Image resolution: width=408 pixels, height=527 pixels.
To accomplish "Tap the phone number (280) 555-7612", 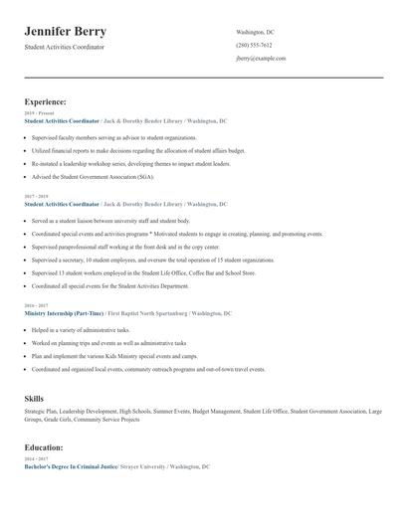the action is tap(254, 46).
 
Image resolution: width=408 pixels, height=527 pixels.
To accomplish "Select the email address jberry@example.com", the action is tap(261, 59).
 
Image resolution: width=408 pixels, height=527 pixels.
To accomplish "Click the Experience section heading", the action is tap(46, 101).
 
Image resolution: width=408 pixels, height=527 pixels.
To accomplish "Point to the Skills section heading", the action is tap(34, 398).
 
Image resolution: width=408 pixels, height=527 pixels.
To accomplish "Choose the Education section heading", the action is tap(44, 447).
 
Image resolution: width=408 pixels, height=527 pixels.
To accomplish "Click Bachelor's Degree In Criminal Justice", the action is tap(71, 466).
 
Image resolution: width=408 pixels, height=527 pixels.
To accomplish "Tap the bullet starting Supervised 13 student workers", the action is tap(142, 272).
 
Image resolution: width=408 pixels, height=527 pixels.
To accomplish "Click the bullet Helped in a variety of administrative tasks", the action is tap(81, 330).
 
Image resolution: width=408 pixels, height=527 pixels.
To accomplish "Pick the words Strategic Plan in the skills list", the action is tap(42, 411).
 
